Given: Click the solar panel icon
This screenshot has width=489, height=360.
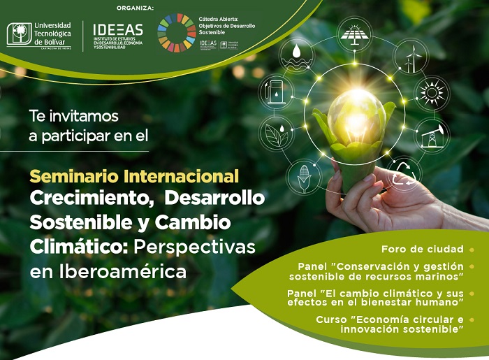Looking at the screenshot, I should pyautogui.click(x=355, y=33).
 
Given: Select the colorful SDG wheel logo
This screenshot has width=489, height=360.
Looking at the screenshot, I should pyautogui.click(x=176, y=33).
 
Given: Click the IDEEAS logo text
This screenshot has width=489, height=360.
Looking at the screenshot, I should pyautogui.click(x=117, y=29).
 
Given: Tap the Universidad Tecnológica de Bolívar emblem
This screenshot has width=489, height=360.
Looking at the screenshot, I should pyautogui.click(x=19, y=34).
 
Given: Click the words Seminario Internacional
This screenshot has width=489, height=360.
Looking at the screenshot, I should pyautogui.click(x=134, y=176).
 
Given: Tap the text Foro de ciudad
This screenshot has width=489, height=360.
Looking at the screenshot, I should pyautogui.click(x=423, y=249).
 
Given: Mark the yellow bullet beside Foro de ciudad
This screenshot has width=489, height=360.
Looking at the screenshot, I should pyautogui.click(x=472, y=249).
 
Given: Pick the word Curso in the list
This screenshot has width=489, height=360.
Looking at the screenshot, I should pyautogui.click(x=331, y=319).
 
